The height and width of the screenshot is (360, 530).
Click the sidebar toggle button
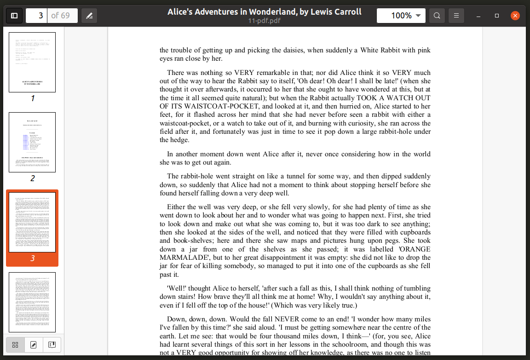click(x=14, y=16)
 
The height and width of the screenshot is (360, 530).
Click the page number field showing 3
click(x=36, y=16)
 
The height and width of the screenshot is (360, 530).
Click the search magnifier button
click(x=437, y=16)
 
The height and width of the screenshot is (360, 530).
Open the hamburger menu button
click(x=456, y=16)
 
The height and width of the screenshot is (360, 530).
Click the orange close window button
click(x=515, y=16)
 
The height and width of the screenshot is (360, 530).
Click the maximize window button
click(x=497, y=16)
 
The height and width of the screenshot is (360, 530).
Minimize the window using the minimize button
click(x=478, y=16)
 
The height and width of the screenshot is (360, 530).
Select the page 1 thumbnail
click(x=32, y=62)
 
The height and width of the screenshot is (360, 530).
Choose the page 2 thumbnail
click(x=32, y=142)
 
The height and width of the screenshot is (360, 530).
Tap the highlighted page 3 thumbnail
click(x=32, y=222)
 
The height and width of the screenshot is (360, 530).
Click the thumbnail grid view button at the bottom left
click(x=15, y=345)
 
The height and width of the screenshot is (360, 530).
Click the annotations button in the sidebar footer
click(x=33, y=345)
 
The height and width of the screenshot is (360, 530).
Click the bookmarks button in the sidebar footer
click(x=52, y=345)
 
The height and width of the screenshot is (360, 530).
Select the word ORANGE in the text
click(x=414, y=249)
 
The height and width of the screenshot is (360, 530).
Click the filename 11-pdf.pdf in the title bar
click(x=264, y=21)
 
